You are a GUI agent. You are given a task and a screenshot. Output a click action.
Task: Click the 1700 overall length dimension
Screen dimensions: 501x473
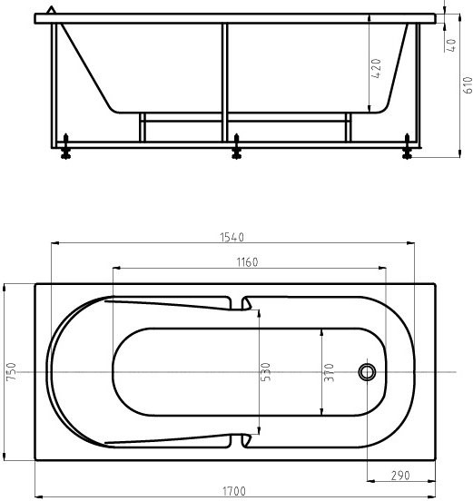pos(234,491)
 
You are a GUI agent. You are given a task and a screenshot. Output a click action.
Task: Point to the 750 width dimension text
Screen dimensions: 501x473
pos(12,372)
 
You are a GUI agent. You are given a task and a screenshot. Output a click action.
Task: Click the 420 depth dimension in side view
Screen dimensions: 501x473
pos(376,68)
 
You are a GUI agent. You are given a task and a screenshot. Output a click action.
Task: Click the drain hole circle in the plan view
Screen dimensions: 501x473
pos(368,372)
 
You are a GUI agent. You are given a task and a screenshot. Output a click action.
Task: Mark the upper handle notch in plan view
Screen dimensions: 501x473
pos(245,303)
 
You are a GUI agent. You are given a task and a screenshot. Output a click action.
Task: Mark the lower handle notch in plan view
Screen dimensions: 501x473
pos(245,441)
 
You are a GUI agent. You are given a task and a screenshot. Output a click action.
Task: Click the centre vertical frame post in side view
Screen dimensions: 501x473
pos(224,82)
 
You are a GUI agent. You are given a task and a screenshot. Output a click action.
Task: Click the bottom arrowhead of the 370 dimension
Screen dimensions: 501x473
pos(321,413)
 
